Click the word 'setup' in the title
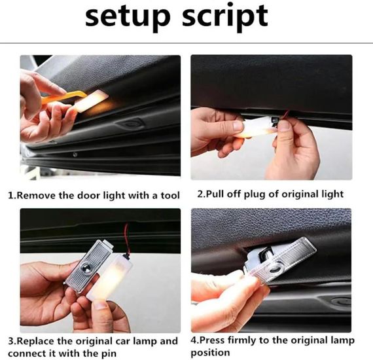click(128, 17)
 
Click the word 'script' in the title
click(225, 17)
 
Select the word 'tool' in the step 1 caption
click(169, 195)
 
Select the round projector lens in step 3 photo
click(86, 268)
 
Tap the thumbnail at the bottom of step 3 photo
click(103, 305)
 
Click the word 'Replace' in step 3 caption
click(36, 341)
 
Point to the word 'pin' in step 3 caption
click(109, 354)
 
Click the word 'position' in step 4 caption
click(210, 353)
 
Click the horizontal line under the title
click(186, 43)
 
